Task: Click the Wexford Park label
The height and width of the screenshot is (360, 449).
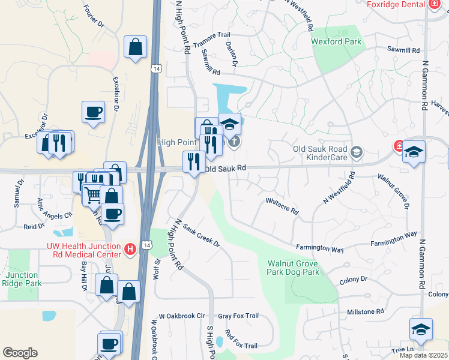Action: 336,41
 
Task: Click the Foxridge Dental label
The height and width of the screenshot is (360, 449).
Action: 396,4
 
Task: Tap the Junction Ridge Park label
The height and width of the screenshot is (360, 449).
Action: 22,279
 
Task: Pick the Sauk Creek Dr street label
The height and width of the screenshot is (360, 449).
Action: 201,236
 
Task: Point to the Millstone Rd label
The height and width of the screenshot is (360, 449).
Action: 365,311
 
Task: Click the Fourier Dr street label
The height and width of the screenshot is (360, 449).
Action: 95,17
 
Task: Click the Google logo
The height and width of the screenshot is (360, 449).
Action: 20,353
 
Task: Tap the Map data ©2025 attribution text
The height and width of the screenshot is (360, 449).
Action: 424,355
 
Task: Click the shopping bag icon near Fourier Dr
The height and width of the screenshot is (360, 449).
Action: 136,47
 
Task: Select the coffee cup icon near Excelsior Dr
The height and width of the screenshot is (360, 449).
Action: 93,112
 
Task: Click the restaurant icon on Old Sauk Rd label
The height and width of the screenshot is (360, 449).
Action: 194,162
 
